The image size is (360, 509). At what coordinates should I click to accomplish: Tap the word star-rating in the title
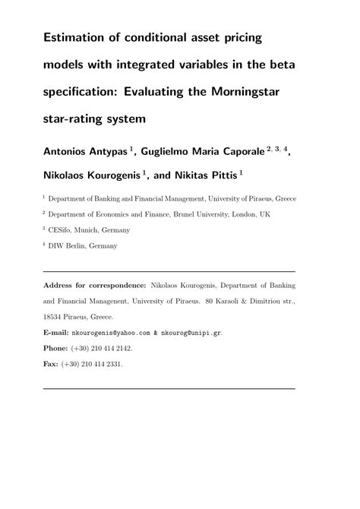(81, 119)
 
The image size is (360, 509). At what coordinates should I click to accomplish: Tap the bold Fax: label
(52, 364)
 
